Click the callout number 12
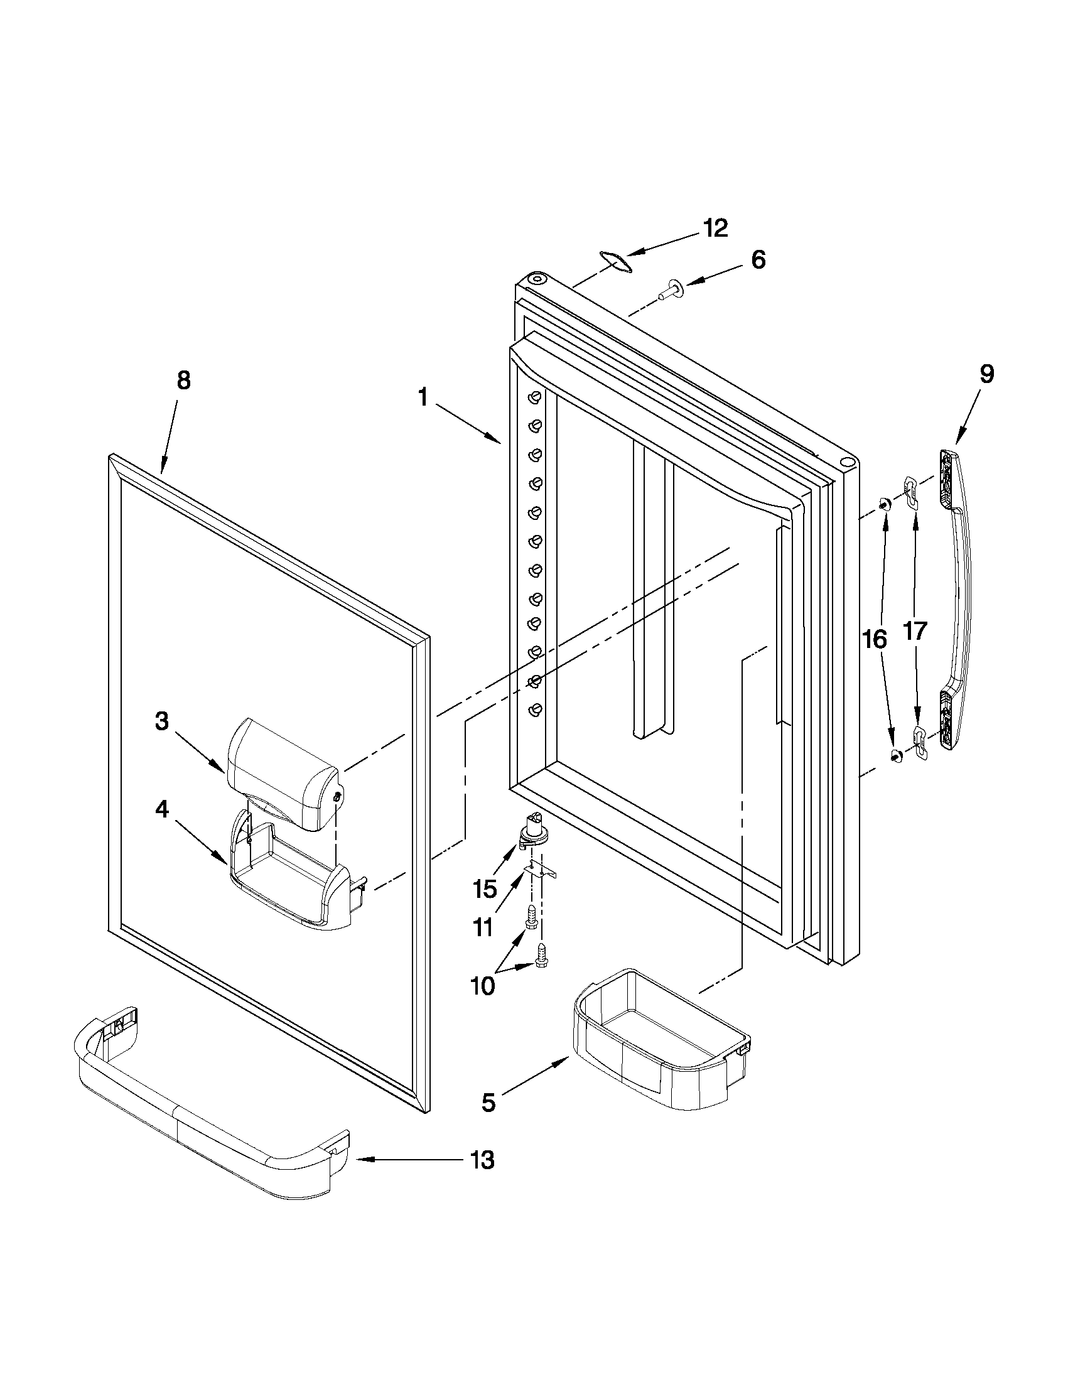pos(716,229)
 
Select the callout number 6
pos(758,259)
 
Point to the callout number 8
pos(183,381)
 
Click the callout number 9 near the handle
pos(986,374)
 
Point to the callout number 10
pos(483,986)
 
